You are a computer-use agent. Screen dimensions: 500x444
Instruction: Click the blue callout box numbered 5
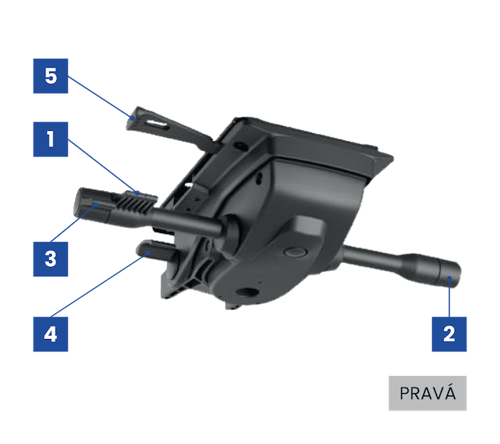point(51,76)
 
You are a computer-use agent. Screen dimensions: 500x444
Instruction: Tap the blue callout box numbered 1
point(51,139)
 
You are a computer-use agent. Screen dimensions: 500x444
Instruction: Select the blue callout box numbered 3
point(51,259)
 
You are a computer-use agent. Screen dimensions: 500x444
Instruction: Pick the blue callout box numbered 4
point(51,334)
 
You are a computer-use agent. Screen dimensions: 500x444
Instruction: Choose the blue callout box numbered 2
point(449,334)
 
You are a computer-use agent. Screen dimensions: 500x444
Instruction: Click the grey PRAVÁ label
point(428,393)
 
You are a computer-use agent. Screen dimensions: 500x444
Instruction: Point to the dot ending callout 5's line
point(132,117)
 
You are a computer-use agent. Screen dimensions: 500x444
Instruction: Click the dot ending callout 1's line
point(137,193)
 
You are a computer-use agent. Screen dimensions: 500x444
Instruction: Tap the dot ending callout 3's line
point(96,204)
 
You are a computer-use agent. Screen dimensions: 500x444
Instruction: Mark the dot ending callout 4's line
point(148,253)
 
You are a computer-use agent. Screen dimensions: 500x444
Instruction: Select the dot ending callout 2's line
point(449,278)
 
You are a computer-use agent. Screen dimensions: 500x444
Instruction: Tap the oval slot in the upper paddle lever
point(157,124)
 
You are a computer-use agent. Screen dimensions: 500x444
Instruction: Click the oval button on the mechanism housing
point(295,252)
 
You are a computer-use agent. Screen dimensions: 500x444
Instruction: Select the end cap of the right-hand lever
point(449,273)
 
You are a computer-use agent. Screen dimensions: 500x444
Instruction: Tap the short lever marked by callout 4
point(157,249)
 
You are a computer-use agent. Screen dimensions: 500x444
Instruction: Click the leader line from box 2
point(449,298)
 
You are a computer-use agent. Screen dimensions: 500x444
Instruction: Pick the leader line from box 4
point(100,285)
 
